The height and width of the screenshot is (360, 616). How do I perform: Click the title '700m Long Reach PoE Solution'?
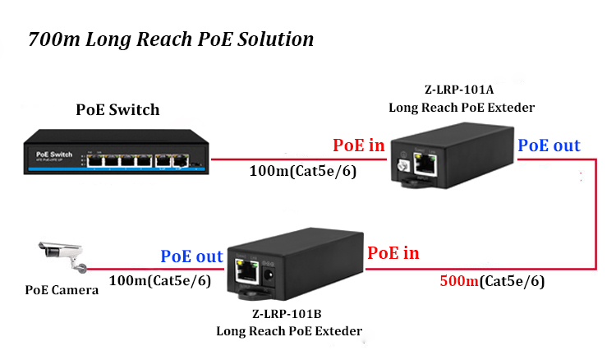[x=171, y=39]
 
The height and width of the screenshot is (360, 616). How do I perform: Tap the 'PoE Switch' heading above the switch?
[x=117, y=109]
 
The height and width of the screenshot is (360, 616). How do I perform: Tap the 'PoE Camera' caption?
[x=61, y=290]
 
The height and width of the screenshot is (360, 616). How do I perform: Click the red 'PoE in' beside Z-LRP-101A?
[x=359, y=145]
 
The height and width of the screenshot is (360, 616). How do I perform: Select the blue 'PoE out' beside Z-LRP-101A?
[x=549, y=145]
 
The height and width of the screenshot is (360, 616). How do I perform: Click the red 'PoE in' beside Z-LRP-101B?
[x=393, y=253]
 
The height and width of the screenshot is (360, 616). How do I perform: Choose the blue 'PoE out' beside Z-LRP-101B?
[x=191, y=256]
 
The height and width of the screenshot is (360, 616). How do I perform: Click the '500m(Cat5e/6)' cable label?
[x=492, y=282]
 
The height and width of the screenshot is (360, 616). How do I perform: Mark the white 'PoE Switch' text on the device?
[x=55, y=153]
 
